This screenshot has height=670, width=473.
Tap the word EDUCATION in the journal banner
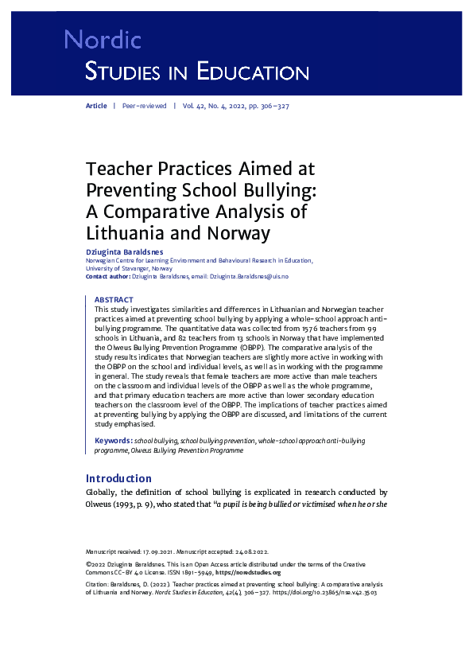click(x=252, y=73)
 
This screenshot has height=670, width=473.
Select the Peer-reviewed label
click(x=144, y=106)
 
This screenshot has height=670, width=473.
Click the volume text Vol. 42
click(x=195, y=106)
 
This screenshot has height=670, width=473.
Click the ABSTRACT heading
click(x=114, y=300)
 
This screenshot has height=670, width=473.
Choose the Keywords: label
click(x=113, y=440)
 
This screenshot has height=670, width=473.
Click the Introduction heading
click(x=118, y=478)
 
